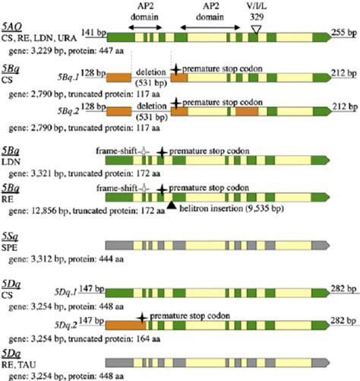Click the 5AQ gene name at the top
click(13, 26)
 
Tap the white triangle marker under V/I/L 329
click(257, 28)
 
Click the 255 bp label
click(345, 36)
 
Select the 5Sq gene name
click(13, 239)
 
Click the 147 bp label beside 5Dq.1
click(96, 290)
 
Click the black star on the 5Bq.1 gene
click(176, 69)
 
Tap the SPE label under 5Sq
click(13, 251)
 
